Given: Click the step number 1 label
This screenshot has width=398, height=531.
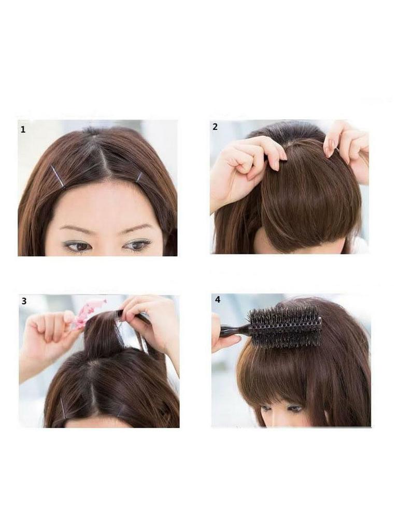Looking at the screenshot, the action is (23, 130).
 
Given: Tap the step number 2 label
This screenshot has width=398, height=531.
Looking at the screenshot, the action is (215, 128).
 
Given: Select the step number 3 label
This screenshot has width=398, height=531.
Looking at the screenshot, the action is (24, 301).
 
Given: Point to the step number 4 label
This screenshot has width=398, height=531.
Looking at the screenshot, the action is (217, 299).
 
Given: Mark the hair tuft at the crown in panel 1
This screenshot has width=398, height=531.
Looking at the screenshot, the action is (93, 131).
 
